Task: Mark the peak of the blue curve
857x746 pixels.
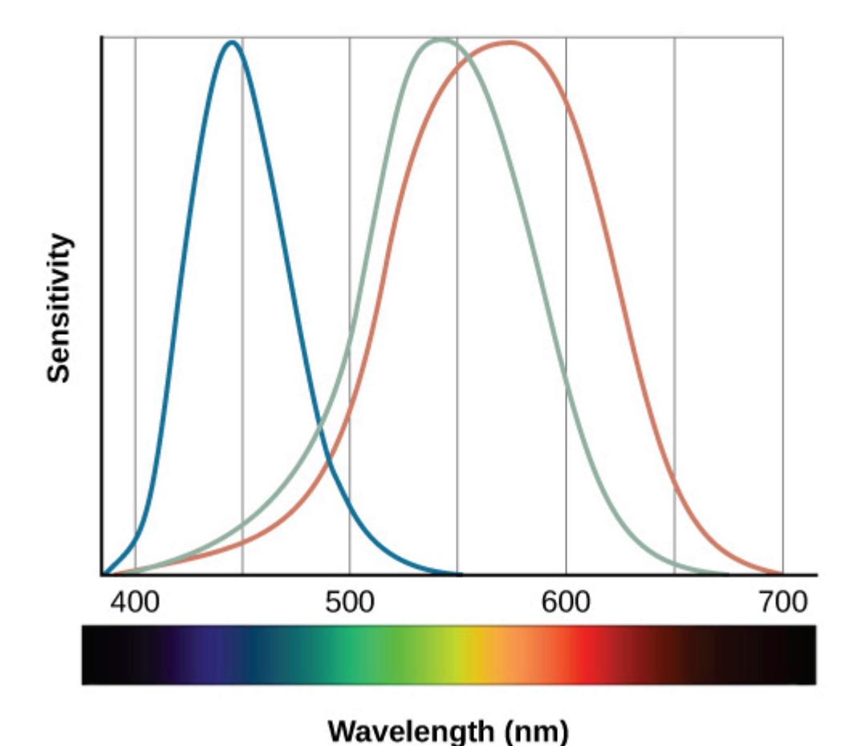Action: tap(233, 43)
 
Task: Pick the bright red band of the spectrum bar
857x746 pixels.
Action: tap(591, 655)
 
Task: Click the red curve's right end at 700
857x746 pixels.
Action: tap(781, 573)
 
